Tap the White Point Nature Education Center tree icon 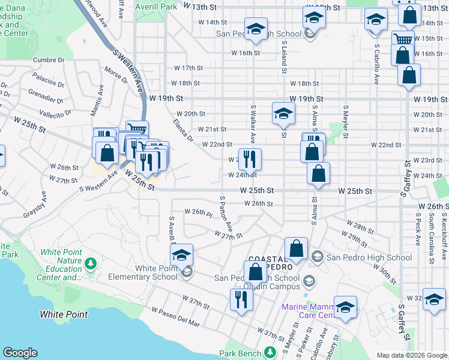(90, 263)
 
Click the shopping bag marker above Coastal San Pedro (296, 249)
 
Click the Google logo (20, 353)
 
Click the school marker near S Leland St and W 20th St (283, 112)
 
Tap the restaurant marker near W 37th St (241, 299)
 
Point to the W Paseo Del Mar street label (175, 317)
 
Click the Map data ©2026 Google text (412, 355)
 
